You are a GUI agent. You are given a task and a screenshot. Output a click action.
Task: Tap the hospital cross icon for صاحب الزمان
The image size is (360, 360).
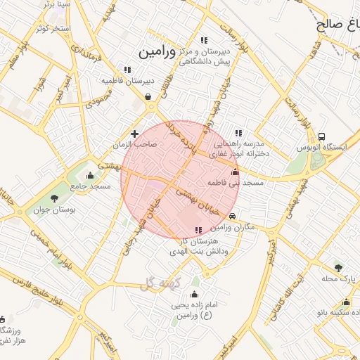click(x=134, y=133)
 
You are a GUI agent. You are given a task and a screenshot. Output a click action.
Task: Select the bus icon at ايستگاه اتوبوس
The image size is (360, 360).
click(x=321, y=136)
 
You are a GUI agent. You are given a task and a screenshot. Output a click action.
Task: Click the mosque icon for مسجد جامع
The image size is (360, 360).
click(x=89, y=176)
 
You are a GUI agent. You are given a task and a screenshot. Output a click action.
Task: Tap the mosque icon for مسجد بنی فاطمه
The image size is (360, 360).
click(x=235, y=172)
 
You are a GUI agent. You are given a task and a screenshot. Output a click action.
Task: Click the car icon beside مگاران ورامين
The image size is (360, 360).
click(x=233, y=217)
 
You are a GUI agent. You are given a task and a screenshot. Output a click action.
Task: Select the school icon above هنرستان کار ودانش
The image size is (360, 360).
click(x=198, y=230)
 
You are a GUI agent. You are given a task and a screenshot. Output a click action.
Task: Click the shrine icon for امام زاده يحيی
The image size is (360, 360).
click(x=195, y=294)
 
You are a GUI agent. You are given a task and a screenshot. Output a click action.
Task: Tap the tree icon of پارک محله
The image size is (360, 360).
click(x=339, y=268)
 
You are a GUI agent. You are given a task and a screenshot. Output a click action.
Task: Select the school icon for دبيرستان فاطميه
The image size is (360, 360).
click(x=127, y=70)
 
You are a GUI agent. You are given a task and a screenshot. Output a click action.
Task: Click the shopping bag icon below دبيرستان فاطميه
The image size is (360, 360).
click(x=148, y=97)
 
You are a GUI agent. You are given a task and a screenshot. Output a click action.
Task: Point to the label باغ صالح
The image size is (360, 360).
click(x=337, y=23)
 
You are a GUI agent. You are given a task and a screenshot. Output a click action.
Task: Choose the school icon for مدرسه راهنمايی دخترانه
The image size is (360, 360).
click(x=238, y=132)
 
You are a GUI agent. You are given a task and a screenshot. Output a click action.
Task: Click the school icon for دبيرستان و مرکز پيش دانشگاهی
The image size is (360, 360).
click(x=204, y=41)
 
